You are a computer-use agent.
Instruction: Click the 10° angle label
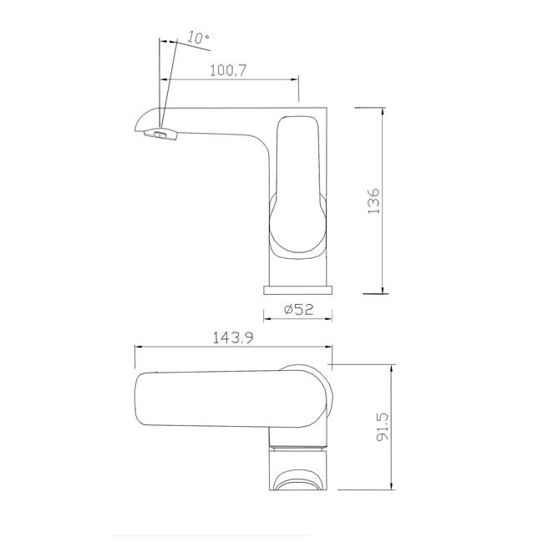(198, 38)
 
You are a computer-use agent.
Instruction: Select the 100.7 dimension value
(228, 70)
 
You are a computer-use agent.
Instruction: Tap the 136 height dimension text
(373, 201)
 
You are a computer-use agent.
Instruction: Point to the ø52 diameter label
(298, 309)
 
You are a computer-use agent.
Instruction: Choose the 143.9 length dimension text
(233, 337)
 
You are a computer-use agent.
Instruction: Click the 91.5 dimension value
(383, 427)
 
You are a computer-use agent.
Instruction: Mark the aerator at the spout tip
(160, 134)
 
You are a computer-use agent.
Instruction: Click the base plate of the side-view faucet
(298, 290)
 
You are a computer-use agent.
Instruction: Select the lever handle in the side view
(298, 187)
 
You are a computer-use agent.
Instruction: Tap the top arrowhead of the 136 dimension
(383, 111)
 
